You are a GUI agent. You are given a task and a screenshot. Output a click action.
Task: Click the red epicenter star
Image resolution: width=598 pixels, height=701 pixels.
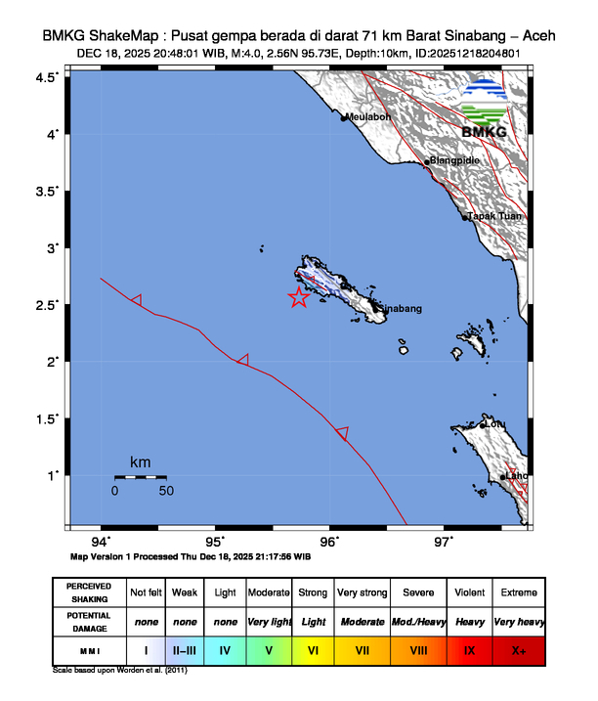pos(299,298)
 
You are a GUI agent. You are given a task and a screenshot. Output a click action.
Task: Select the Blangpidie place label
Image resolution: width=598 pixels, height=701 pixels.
pos(456,161)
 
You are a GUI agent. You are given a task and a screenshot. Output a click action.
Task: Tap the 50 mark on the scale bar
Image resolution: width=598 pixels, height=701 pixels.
pos(166,491)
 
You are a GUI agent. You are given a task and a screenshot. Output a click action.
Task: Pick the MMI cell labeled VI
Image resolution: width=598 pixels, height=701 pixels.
pos(314,649)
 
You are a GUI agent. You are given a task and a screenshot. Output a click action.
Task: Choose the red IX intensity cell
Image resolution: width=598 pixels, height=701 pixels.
pos(469,649)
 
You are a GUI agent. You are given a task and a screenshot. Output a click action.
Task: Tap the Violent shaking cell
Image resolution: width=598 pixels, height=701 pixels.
pos(469,592)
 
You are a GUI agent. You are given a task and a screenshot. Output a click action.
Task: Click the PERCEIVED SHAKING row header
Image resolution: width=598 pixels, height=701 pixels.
pos(89,592)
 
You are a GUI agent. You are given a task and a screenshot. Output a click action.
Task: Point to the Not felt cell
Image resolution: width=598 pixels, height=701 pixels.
pos(146,592)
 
